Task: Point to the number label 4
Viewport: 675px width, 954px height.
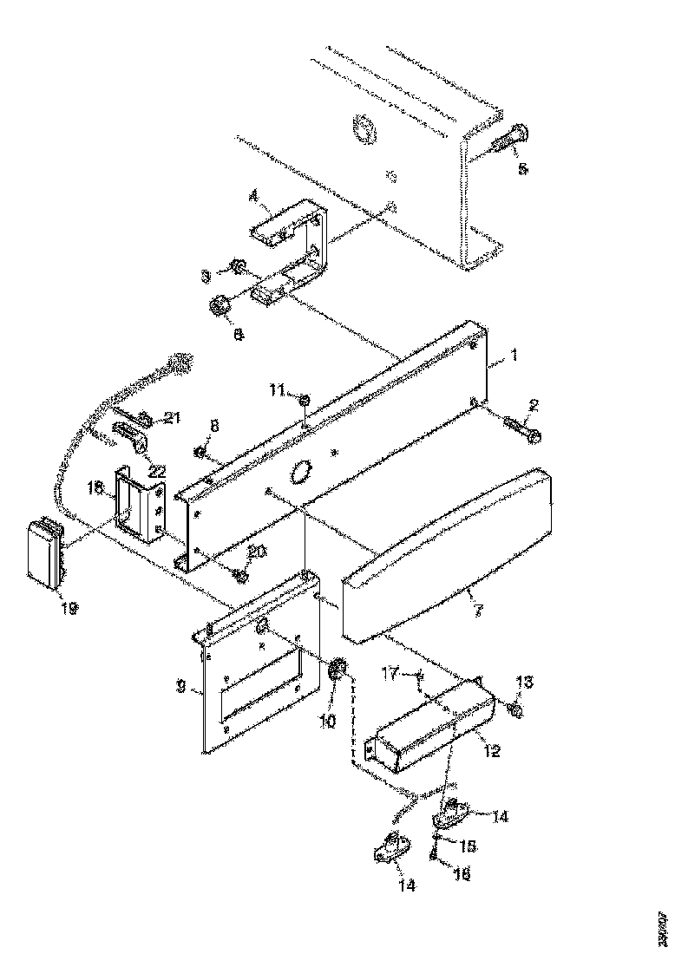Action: pos(253,197)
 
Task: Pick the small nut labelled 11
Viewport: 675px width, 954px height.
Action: pos(304,400)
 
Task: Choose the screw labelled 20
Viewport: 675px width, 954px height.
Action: pos(243,574)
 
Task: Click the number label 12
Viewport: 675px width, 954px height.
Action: pos(492,752)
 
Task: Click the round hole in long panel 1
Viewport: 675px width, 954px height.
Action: pos(300,472)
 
